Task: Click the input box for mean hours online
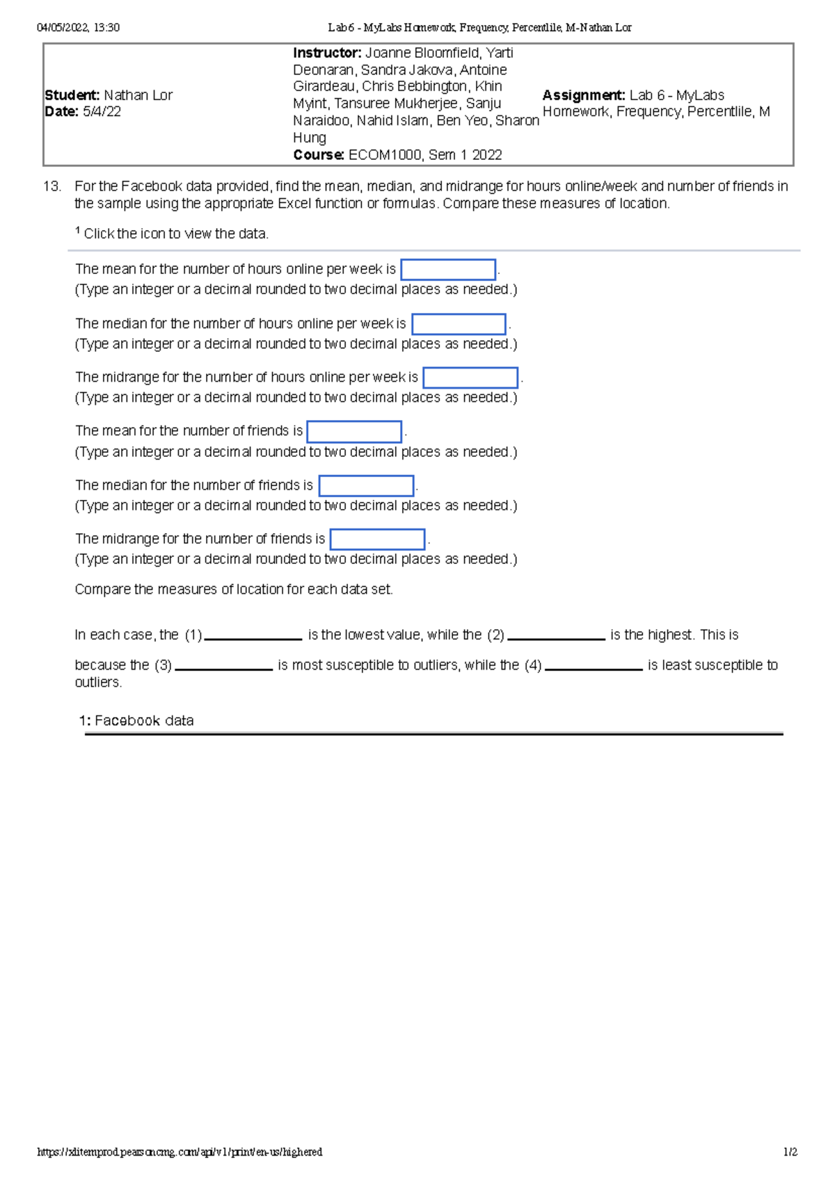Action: pos(448,270)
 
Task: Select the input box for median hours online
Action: pos(459,324)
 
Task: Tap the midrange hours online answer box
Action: pos(470,378)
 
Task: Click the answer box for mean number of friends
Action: pos(354,432)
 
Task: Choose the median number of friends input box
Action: pos(366,485)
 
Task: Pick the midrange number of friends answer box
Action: pos(377,539)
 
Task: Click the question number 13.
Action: pos(52,186)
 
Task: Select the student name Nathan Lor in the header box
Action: pos(138,95)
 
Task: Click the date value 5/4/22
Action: pos(102,112)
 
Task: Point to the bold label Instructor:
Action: pos(327,53)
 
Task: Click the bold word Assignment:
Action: pos(584,95)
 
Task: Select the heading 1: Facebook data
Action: pos(136,721)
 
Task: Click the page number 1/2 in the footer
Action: pos(790,1152)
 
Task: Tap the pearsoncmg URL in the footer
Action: pos(180,1152)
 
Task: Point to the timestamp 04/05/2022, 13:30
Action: pos(78,28)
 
